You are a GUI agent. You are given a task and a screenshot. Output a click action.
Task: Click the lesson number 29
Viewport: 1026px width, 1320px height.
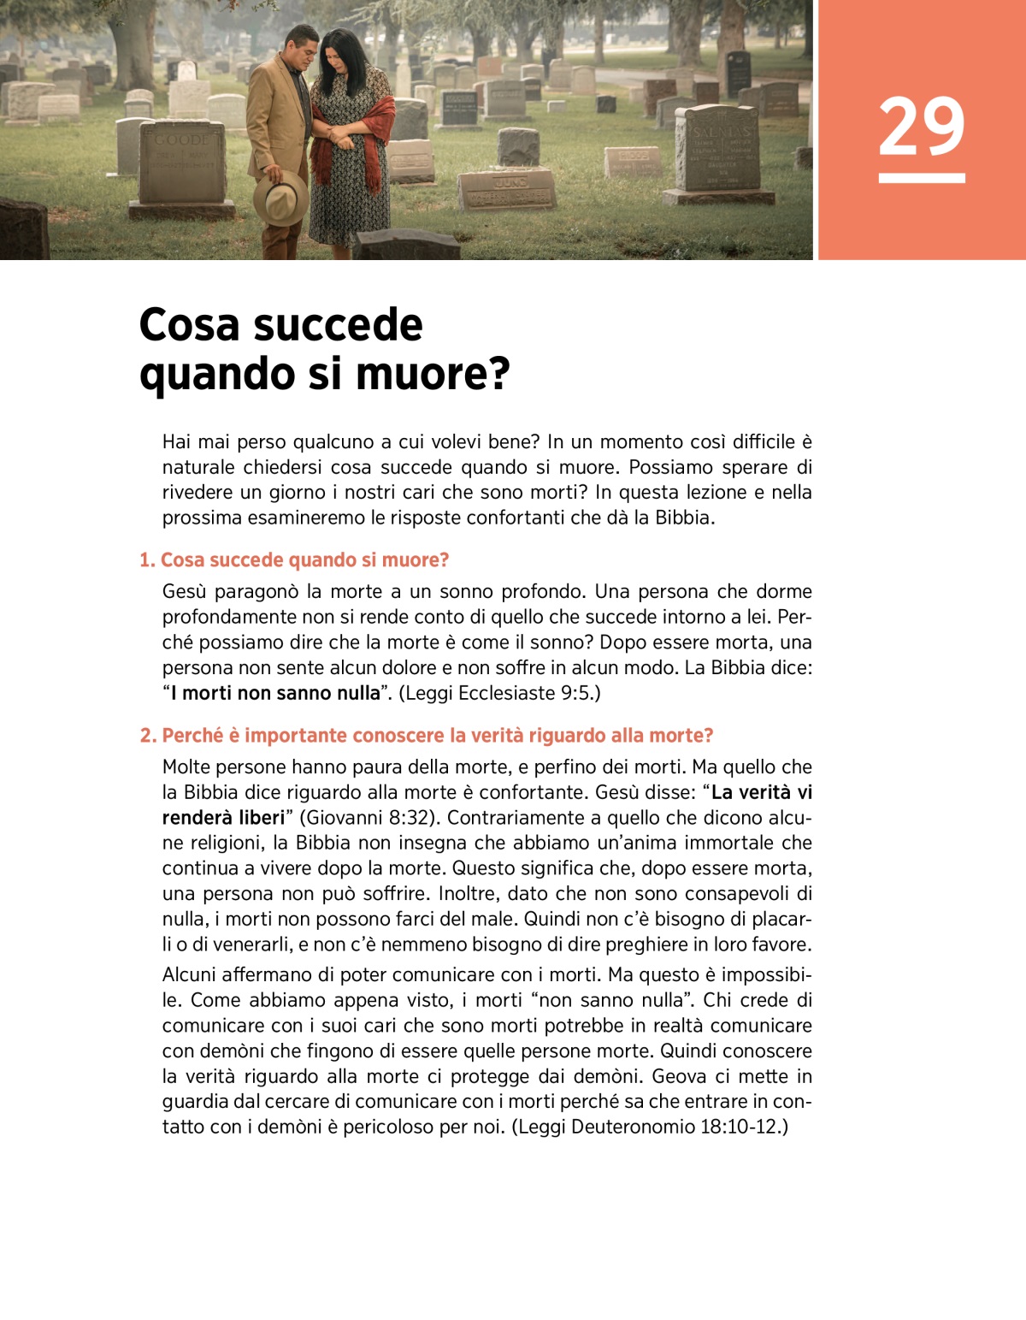pos(921,127)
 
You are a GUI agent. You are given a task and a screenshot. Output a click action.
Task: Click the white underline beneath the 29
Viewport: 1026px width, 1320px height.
pos(921,178)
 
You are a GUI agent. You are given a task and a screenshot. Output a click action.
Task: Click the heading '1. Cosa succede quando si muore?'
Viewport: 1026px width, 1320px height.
pos(294,560)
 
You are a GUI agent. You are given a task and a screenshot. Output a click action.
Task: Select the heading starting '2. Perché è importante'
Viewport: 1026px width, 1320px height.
pos(426,736)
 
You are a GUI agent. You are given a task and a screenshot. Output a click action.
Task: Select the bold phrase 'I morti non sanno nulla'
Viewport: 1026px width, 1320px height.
pos(274,693)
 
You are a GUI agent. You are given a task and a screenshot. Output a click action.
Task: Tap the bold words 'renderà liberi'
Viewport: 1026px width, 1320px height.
pos(223,818)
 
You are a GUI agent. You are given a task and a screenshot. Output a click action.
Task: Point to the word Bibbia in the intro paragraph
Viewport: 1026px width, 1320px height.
pos(682,518)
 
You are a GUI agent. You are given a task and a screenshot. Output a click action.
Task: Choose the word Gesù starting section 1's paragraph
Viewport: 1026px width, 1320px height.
pos(185,591)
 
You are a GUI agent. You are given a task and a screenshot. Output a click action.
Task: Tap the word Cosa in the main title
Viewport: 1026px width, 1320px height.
pos(189,325)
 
